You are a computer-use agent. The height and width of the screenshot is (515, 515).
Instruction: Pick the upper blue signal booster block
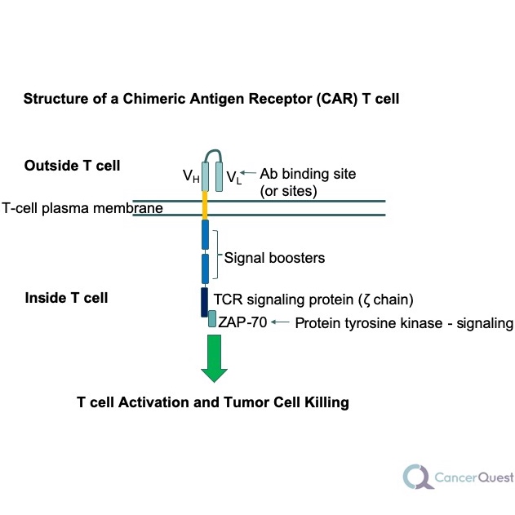point(206,234)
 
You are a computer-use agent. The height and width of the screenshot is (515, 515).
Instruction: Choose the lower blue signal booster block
point(206,269)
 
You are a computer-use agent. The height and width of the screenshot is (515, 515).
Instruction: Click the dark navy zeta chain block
point(205,301)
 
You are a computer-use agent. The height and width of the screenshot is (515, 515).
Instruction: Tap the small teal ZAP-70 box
point(212,321)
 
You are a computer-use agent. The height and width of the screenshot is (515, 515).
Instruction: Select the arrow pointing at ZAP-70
point(280,322)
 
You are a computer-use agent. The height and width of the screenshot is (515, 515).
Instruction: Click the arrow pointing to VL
point(248,173)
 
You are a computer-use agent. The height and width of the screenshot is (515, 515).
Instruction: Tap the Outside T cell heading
point(72,166)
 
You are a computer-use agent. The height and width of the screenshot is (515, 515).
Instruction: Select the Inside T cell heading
point(66,297)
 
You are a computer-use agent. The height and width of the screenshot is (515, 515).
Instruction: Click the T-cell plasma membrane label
point(82,208)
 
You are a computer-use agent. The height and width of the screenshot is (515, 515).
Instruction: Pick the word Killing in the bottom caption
point(322,402)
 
